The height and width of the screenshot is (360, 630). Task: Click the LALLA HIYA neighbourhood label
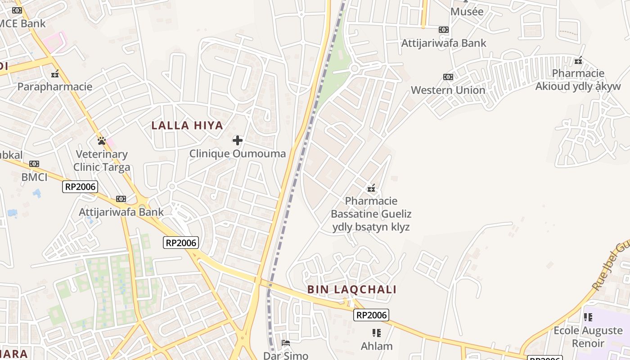187,126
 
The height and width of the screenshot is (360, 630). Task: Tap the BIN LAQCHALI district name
352,289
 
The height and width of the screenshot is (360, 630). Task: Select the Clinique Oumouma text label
237,153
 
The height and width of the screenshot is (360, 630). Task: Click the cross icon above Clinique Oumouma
238,140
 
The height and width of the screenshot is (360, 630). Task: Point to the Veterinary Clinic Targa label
102,161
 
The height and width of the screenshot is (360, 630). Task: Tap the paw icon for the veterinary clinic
102,141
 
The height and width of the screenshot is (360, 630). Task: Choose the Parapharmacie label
55,87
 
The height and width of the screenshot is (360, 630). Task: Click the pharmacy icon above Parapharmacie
55,74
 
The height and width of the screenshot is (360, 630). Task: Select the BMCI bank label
34,177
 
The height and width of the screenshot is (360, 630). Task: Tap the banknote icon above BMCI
34,164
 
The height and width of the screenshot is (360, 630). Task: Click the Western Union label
448,90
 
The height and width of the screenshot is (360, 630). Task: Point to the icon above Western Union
448,77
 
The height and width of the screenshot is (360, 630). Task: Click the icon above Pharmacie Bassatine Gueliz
371,188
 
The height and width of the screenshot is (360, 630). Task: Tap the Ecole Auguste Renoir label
588,337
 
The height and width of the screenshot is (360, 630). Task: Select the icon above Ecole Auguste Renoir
588,317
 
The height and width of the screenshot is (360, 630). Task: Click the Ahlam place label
377,346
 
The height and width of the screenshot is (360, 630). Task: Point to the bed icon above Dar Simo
286,343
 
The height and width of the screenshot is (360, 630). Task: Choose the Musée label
467,11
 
